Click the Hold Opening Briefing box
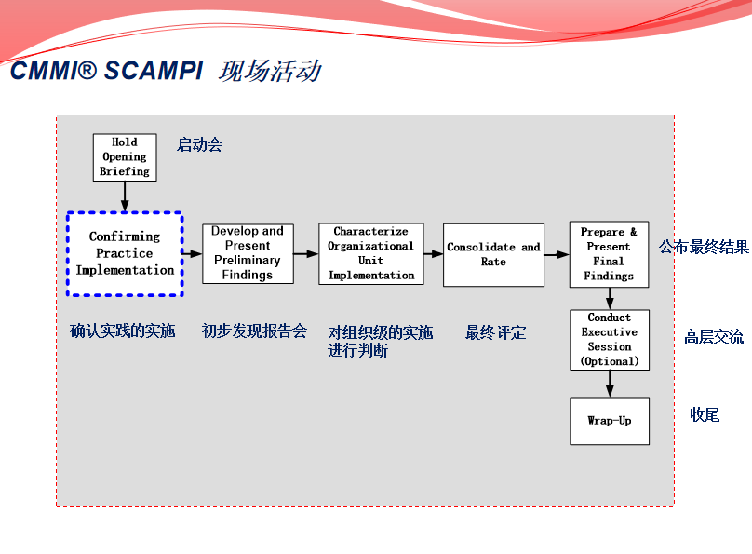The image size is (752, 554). tap(125, 157)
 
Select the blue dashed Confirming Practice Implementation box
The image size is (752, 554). tap(125, 253)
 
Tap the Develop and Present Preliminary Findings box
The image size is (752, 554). tap(248, 253)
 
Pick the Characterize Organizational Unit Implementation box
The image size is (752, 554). tap(370, 253)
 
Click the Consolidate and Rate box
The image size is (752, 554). tap(493, 254)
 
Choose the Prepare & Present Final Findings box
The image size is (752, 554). tap(609, 254)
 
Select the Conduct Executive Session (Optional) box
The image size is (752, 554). tap(609, 339)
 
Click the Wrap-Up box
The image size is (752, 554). tap(609, 421)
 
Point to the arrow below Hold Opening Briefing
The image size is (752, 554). tap(125, 196)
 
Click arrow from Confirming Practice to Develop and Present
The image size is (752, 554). tap(193, 253)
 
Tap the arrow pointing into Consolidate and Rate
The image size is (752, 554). tap(433, 253)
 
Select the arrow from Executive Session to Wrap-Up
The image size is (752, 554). tap(610, 383)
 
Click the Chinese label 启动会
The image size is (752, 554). tap(199, 145)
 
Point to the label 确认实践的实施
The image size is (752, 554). tap(123, 331)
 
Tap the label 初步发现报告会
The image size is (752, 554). tap(254, 331)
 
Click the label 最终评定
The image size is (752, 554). tap(495, 332)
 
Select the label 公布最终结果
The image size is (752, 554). tap(704, 247)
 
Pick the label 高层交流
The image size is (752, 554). tap(714, 337)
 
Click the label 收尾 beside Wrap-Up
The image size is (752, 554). tap(705, 414)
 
